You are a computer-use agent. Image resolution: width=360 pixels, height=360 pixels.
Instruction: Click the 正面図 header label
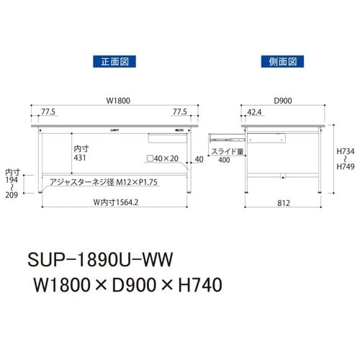tap(111, 60)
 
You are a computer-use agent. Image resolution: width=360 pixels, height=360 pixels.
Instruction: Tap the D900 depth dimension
tap(282, 101)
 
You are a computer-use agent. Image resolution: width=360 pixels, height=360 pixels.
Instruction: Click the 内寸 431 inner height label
tap(81, 153)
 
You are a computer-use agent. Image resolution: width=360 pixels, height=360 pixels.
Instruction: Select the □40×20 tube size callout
tap(163, 159)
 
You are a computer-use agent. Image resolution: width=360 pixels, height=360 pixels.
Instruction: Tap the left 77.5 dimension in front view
tap(48, 112)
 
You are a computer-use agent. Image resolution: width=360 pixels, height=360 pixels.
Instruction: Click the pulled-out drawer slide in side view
tap(226, 135)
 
